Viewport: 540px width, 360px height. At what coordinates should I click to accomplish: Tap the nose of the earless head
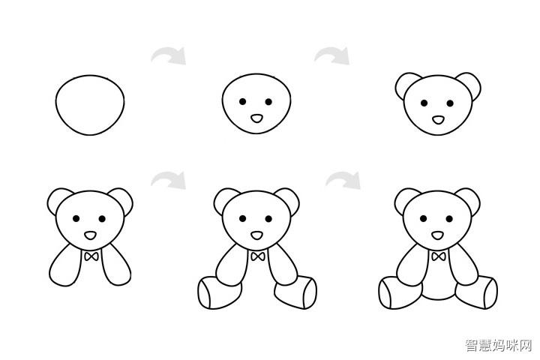tap(256, 118)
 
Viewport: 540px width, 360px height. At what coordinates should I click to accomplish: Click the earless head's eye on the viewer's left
tap(242, 102)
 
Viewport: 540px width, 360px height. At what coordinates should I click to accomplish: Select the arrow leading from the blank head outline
tap(169, 56)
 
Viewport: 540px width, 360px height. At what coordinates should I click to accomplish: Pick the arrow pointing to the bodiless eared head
tap(332, 56)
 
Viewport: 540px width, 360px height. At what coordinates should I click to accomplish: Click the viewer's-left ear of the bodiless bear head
tap(401, 81)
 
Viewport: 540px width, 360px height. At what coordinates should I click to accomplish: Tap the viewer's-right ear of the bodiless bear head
tap(473, 81)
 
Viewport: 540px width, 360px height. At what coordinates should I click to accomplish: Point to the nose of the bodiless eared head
tap(438, 120)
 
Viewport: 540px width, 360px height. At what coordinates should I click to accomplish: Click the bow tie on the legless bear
tap(91, 256)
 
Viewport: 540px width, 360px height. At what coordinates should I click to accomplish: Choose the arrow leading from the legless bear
tap(169, 181)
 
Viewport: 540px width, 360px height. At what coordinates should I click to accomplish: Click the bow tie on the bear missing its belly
tap(257, 256)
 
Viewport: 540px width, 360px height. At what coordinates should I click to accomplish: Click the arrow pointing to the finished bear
tap(343, 181)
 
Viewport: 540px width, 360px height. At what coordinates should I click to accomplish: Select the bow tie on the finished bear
tap(439, 256)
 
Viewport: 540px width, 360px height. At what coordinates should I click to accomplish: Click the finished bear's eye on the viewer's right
tap(449, 219)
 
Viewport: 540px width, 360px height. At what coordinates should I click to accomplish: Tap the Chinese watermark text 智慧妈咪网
tap(499, 345)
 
